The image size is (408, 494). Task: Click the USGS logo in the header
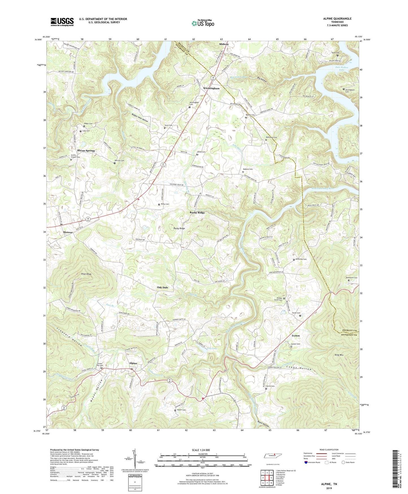click(x=62, y=22)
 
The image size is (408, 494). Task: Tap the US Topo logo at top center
click(x=203, y=23)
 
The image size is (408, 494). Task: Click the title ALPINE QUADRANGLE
click(x=337, y=19)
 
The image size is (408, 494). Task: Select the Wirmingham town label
click(x=211, y=88)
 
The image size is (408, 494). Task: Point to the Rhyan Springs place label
click(x=86, y=151)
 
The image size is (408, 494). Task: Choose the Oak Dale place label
click(x=162, y=287)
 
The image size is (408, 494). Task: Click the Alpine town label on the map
click(x=133, y=363)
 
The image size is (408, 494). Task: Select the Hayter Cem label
click(x=181, y=410)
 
